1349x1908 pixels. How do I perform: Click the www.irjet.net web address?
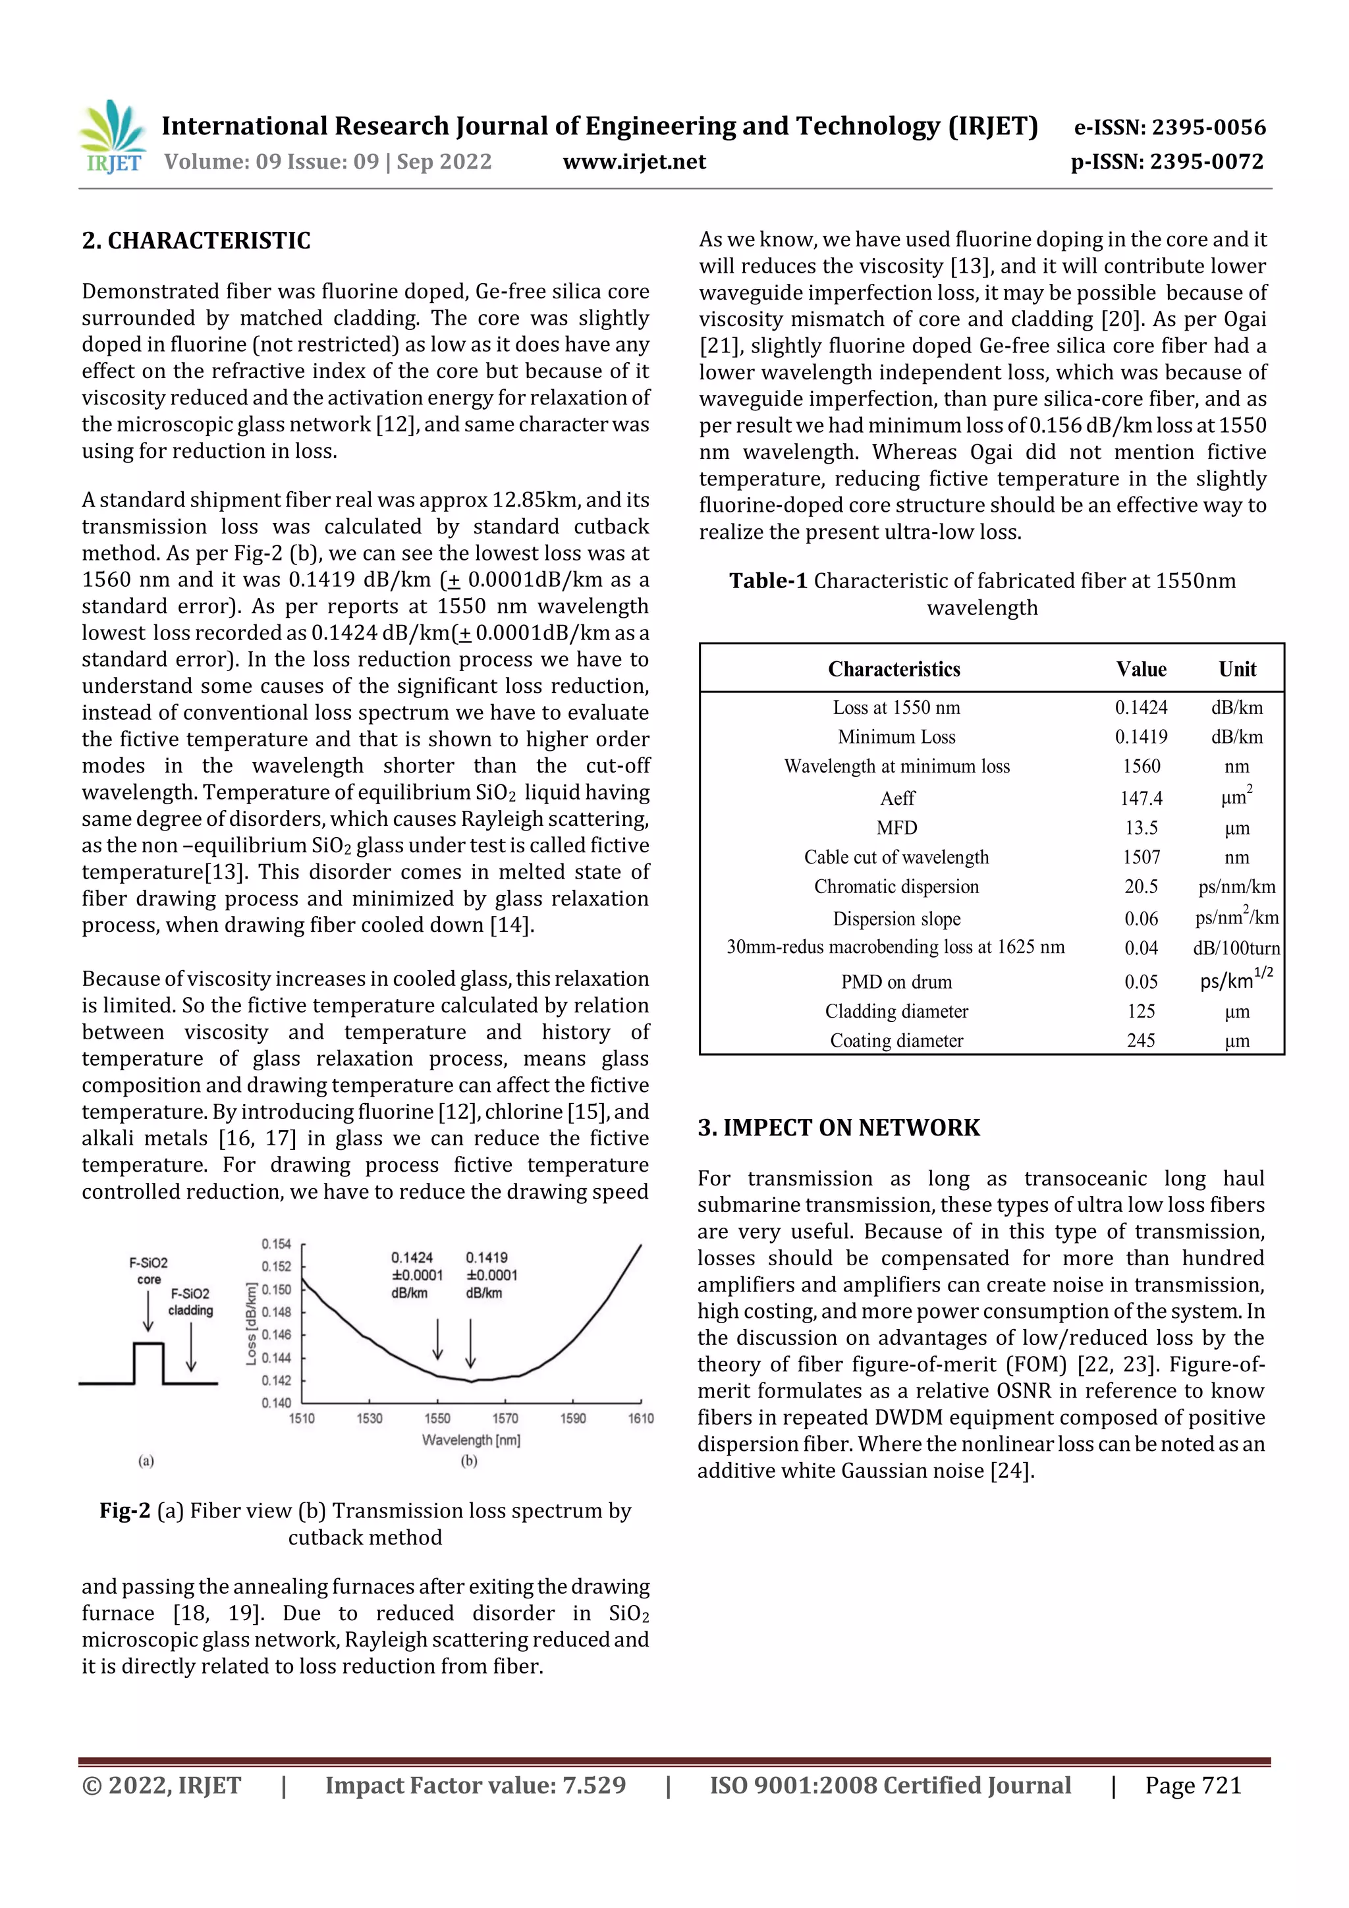[634, 162]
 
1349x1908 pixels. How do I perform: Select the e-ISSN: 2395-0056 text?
[1169, 127]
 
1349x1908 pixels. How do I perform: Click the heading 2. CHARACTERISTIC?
[196, 241]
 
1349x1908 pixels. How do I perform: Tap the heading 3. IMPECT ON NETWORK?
[839, 1128]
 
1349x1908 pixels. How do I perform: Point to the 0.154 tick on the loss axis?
[276, 1244]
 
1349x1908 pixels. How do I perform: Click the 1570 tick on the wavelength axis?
[505, 1419]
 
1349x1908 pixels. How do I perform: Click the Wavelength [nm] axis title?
[470, 1440]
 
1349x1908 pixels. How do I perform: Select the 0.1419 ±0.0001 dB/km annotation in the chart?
[490, 1275]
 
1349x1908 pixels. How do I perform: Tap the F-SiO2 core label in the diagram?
[148, 1270]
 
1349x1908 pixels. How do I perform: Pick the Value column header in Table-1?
[1140, 669]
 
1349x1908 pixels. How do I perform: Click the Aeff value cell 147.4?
[1140, 799]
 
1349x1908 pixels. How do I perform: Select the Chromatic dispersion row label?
[896, 886]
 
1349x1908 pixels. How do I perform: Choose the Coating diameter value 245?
[1140, 1041]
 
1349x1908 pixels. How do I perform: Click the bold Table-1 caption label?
[767, 581]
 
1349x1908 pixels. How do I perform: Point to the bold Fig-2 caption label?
[124, 1511]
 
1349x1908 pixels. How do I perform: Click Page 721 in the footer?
[1193, 1785]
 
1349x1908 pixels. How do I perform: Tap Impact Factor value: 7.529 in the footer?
[476, 1785]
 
